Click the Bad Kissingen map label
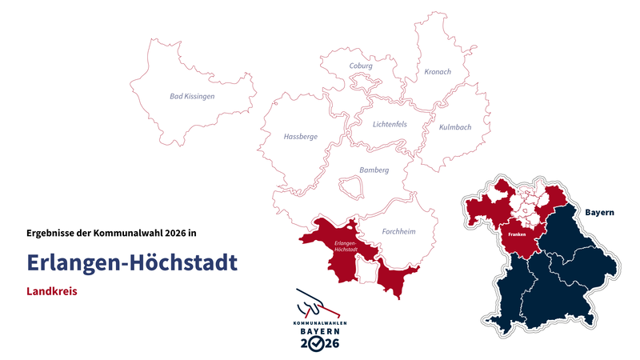pyautogui.click(x=192, y=96)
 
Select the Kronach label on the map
pyautogui.click(x=438, y=72)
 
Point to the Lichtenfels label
pyautogui.click(x=390, y=124)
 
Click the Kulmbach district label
pyautogui.click(x=455, y=127)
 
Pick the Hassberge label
pyautogui.click(x=300, y=137)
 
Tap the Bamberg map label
pyautogui.click(x=374, y=170)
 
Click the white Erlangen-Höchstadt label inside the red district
pyautogui.click(x=345, y=245)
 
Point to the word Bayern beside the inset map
pyautogui.click(x=599, y=213)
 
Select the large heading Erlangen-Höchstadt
pyautogui.click(x=131, y=262)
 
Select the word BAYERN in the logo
pyautogui.click(x=319, y=330)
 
